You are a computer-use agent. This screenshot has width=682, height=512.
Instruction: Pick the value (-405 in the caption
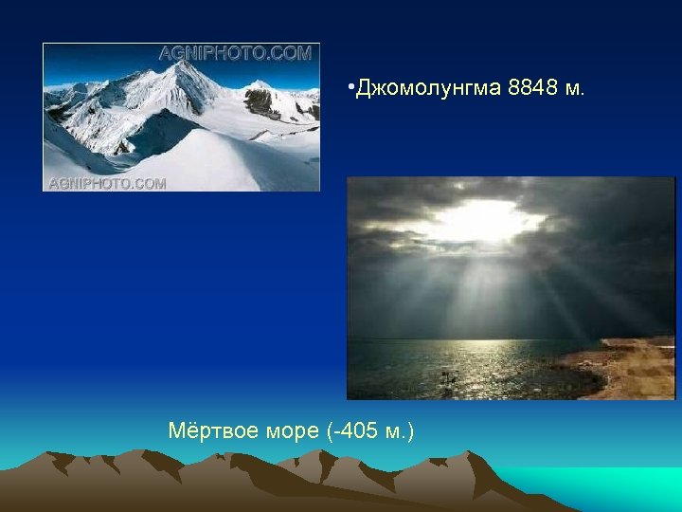point(352,432)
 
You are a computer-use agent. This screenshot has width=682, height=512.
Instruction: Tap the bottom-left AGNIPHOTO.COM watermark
point(106,183)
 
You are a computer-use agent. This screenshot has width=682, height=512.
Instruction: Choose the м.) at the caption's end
point(400,432)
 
